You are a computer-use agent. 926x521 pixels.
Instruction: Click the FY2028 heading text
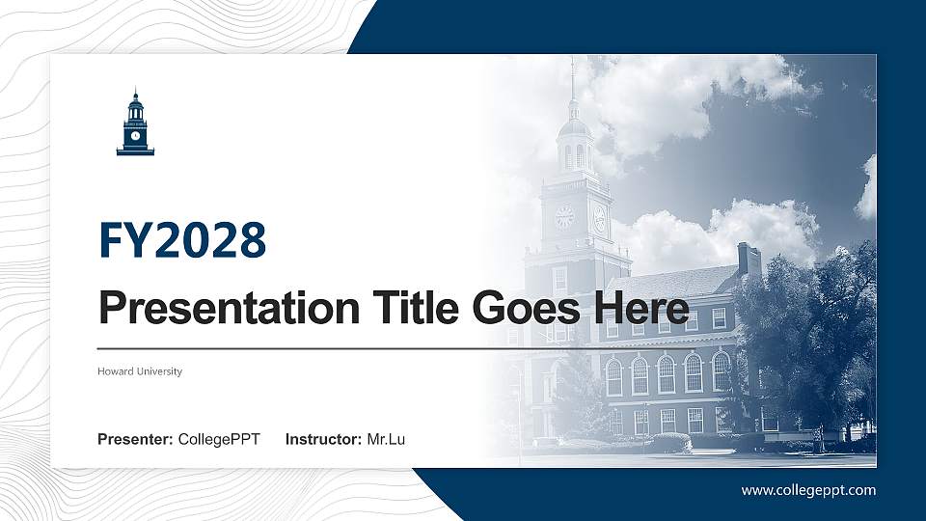[182, 240]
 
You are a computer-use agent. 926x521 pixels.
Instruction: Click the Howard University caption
[140, 371]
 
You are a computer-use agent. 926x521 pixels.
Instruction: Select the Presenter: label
[135, 440]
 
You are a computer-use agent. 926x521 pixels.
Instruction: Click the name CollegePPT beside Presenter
[219, 440]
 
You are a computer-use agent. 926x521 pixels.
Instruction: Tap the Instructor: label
[324, 440]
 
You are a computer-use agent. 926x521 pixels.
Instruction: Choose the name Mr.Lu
[386, 440]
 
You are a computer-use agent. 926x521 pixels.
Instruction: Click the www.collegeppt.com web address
[808, 490]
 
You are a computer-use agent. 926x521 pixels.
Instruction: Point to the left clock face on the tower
[564, 217]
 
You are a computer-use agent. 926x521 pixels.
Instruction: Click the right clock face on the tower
[599, 218]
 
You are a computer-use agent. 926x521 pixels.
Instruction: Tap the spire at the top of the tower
[572, 82]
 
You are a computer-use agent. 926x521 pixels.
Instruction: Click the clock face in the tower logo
[135, 135]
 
